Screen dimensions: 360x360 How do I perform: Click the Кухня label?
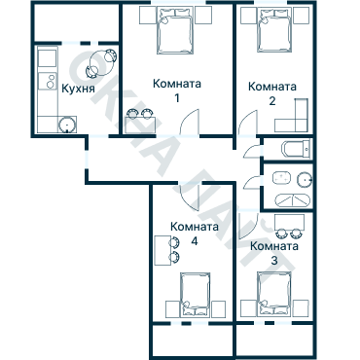pos(78,88)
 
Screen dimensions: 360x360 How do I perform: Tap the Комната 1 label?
pos(177,90)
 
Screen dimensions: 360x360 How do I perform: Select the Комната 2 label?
pos(272,93)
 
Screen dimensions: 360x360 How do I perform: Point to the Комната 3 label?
pos(274,253)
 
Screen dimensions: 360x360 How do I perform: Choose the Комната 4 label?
pos(195,234)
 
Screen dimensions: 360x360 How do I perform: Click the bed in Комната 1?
pos(175,30)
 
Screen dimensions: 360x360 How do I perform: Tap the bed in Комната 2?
pos(274,29)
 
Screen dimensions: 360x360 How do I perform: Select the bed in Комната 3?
pos(274,294)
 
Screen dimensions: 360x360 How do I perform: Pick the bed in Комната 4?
pos(195,295)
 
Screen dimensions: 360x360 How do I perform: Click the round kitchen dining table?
pos(102,63)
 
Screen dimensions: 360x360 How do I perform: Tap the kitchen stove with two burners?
pos(48,81)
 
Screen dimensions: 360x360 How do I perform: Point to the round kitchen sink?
pos(67,125)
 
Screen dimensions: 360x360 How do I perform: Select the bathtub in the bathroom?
pos(293,199)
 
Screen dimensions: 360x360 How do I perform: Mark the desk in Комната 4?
pos(162,251)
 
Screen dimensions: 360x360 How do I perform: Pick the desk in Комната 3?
pos(289,222)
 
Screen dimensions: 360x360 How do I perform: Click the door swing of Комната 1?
pos(190,122)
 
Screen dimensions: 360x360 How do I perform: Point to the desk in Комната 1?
pos(140,125)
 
